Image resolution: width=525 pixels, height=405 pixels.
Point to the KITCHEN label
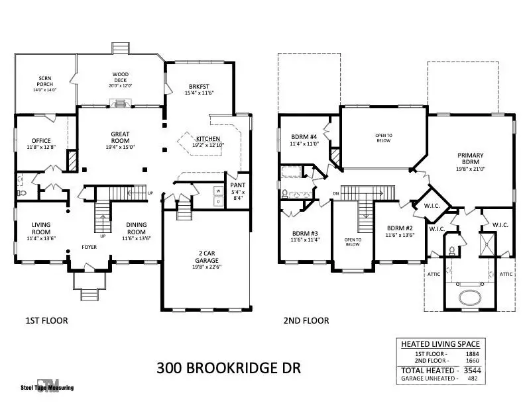208,139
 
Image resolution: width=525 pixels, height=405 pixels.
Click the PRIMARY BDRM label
470,159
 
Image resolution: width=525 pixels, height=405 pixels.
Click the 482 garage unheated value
471,379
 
